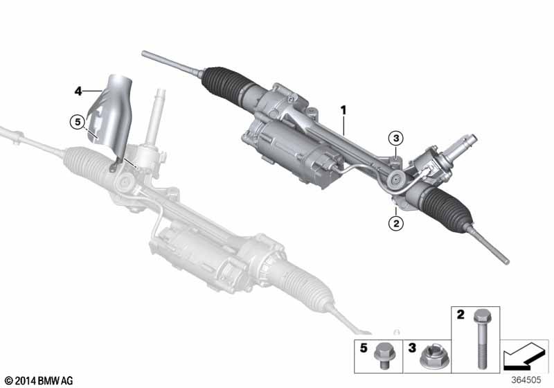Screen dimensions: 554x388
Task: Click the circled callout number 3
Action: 395,138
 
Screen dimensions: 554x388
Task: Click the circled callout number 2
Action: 395,223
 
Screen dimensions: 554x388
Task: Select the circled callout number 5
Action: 78,122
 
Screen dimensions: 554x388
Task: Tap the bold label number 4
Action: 78,91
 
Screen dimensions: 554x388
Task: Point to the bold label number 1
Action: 343,111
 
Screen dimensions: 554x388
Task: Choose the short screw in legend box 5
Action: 384,355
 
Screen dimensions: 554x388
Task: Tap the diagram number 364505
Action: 526,380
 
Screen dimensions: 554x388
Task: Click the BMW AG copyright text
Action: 39,381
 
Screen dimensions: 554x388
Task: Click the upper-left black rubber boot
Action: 222,83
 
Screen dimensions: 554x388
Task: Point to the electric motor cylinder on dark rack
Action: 293,148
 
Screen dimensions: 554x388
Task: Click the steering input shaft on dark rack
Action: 462,146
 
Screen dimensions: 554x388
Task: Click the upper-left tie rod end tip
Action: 144,53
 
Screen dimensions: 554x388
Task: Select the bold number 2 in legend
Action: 461,315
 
